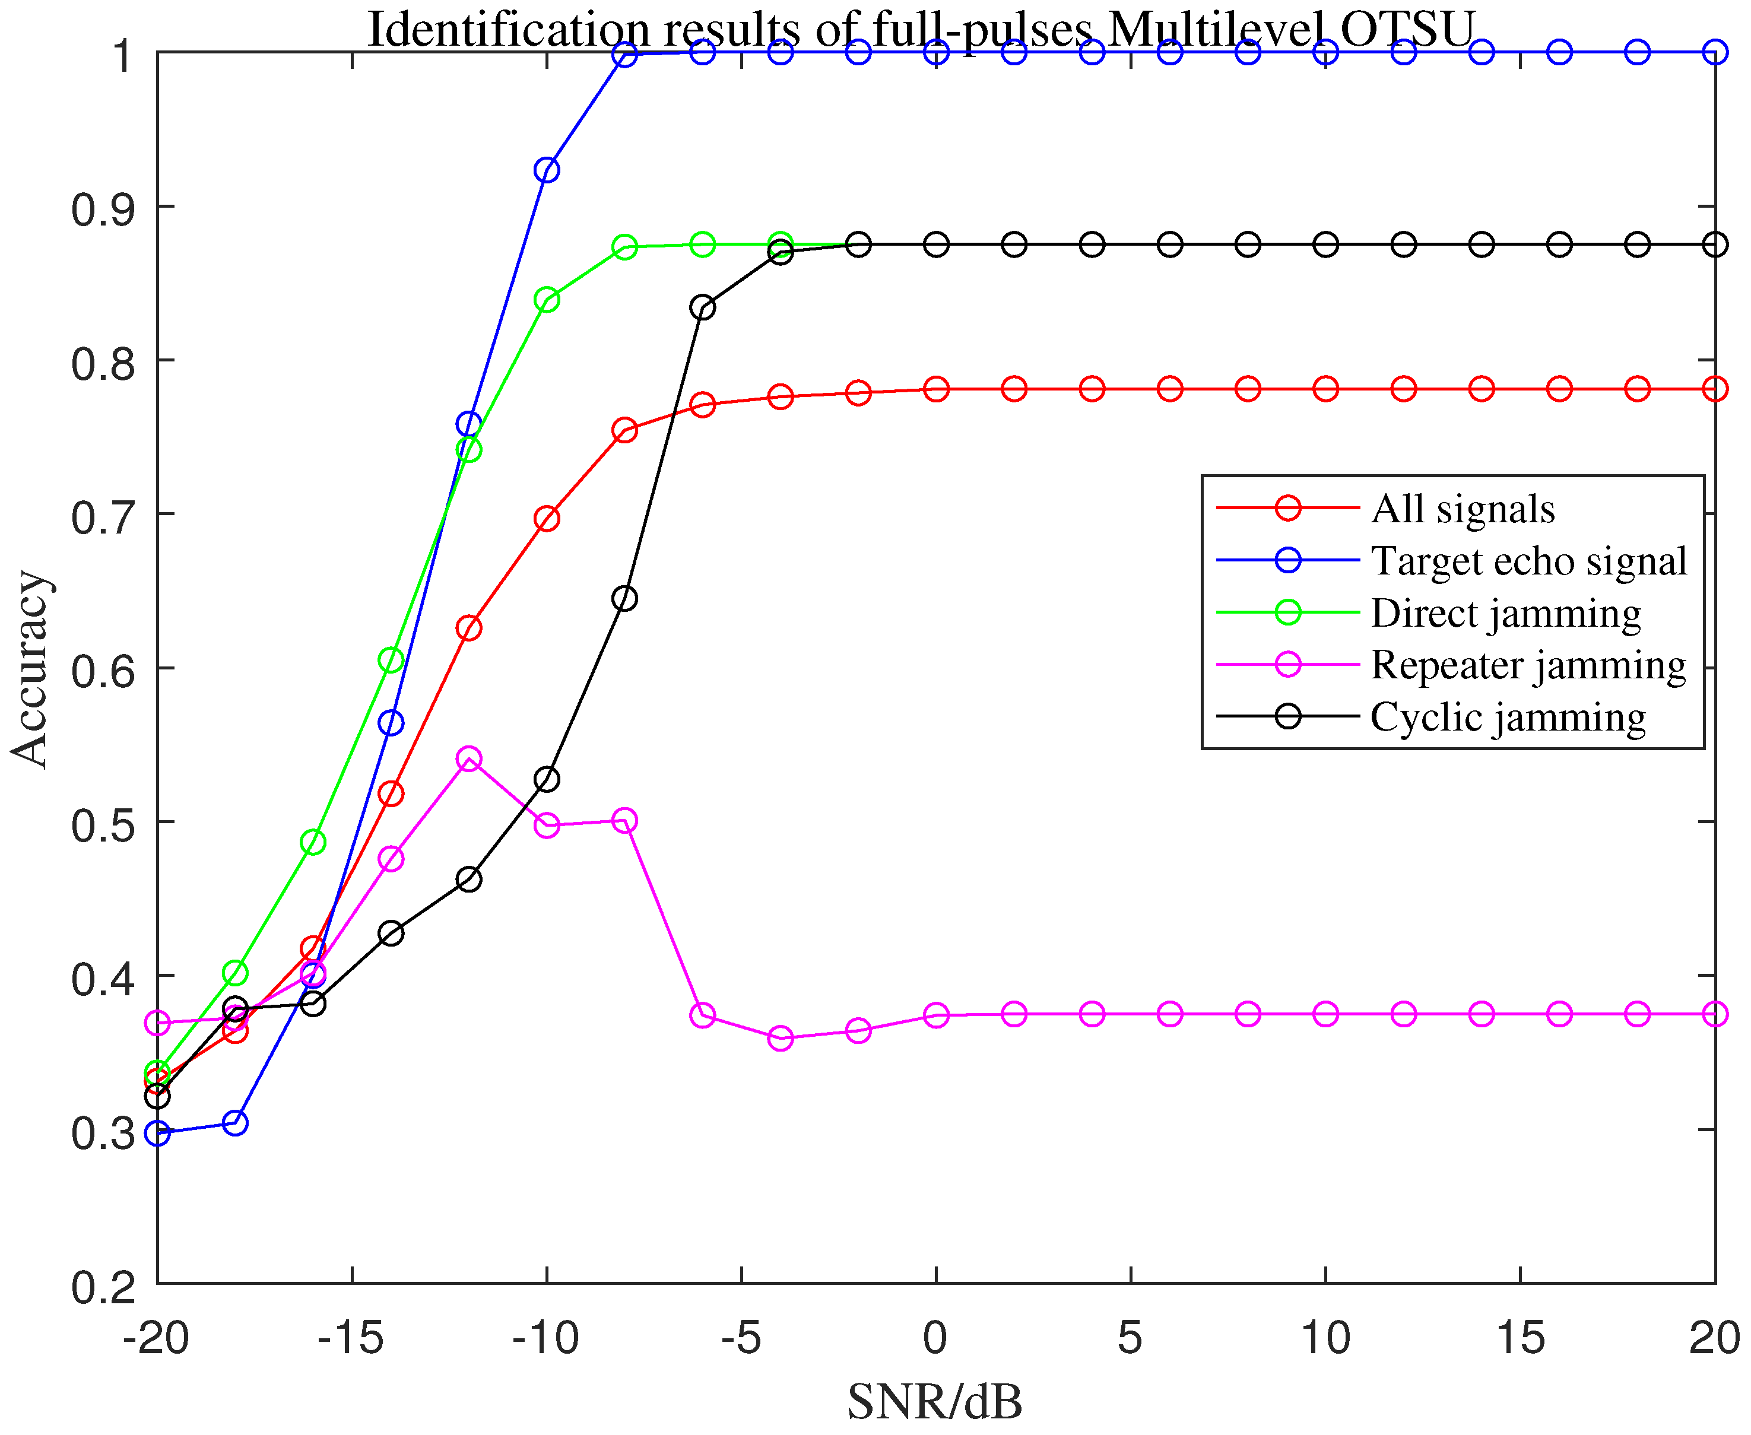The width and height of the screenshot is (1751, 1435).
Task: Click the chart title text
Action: (920, 30)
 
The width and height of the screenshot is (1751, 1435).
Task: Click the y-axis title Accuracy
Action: (30, 669)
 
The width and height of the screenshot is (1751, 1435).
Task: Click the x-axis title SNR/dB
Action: (935, 1403)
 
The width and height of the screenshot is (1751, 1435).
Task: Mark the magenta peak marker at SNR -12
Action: (469, 759)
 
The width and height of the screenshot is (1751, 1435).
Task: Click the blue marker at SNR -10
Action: (547, 170)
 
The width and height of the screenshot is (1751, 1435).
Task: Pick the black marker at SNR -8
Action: (625, 598)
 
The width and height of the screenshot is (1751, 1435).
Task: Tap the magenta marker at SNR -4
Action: (781, 1038)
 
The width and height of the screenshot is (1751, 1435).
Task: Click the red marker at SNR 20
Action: (1715, 389)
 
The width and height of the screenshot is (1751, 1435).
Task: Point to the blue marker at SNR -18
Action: (235, 1123)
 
